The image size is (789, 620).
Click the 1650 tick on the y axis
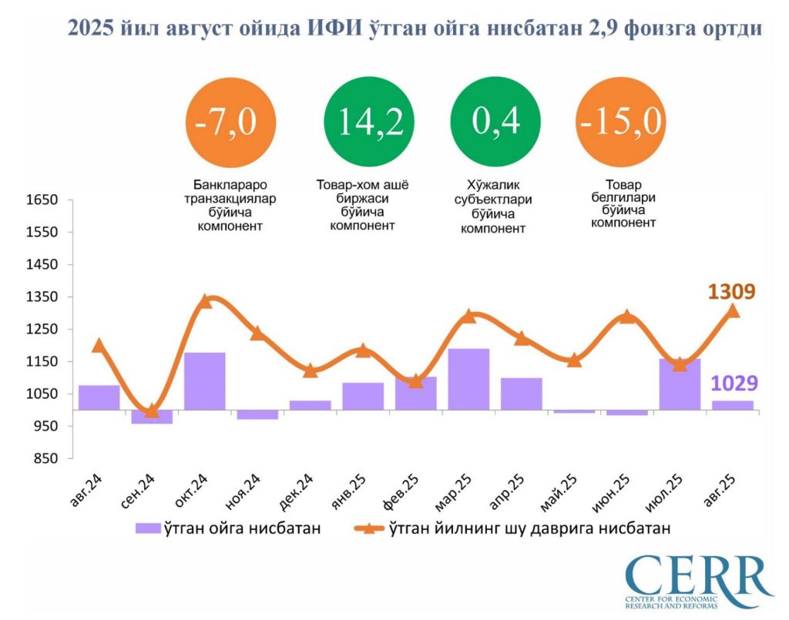coord(42,200)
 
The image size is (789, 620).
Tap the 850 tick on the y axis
coord(45,458)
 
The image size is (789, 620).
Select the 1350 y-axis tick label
coord(42,297)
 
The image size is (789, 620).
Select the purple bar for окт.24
coord(205,381)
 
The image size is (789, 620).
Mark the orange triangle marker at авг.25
coord(733,310)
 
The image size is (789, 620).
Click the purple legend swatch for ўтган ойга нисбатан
coord(146,528)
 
